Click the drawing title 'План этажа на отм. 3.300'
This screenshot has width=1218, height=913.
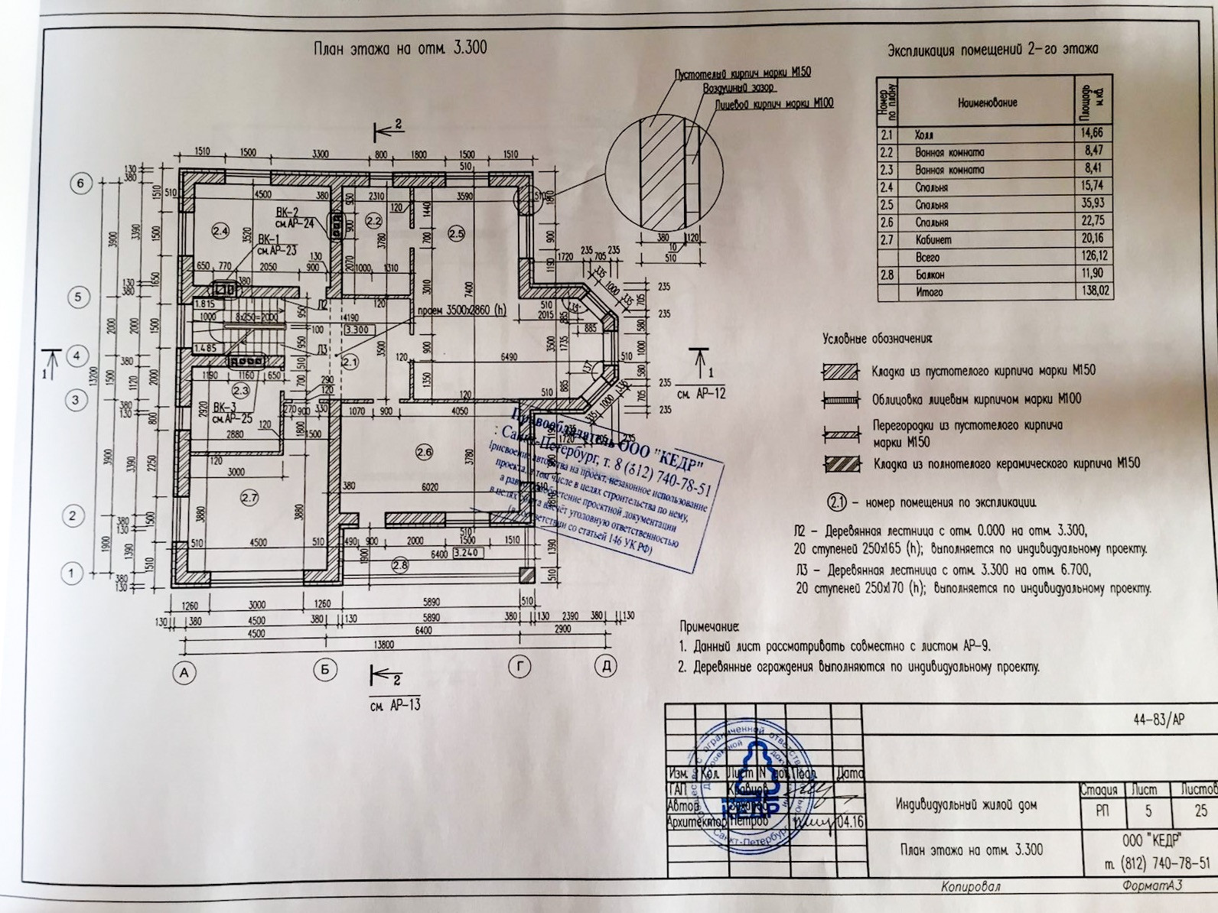(400, 48)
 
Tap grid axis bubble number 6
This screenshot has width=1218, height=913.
(80, 184)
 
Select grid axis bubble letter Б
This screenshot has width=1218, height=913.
(325, 670)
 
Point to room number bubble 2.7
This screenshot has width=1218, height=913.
(249, 498)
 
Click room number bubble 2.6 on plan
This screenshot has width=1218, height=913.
(424, 453)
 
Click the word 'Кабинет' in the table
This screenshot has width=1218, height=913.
(933, 240)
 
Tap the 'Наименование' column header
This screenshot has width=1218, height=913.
(987, 102)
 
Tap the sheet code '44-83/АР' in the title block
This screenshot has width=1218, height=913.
(1159, 720)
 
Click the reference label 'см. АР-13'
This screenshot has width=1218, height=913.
(395, 704)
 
